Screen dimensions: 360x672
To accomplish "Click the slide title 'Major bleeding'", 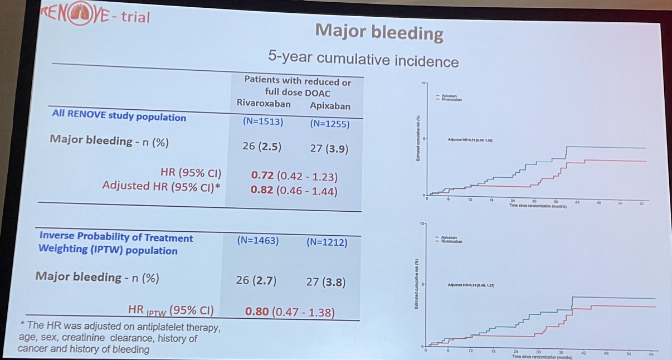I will click(x=379, y=32).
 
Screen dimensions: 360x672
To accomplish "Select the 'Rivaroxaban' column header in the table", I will click(x=264, y=104).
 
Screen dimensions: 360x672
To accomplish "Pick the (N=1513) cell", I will click(x=263, y=121).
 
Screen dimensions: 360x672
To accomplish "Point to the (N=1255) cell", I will click(x=330, y=124).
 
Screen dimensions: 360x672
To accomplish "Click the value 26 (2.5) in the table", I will click(x=262, y=147).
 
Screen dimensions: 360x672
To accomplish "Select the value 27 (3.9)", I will click(x=329, y=149).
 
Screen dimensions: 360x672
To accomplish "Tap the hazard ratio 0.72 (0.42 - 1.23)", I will click(x=294, y=176).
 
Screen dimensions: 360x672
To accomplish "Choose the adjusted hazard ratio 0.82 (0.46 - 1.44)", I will click(x=294, y=190).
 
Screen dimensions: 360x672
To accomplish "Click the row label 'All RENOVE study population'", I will click(x=119, y=117).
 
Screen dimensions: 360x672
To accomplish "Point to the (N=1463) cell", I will click(x=258, y=241).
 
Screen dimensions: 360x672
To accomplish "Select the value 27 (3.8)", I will click(x=326, y=282).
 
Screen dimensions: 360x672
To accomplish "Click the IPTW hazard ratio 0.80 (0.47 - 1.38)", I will click(x=290, y=312).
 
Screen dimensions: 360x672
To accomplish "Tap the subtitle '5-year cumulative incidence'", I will click(x=363, y=58).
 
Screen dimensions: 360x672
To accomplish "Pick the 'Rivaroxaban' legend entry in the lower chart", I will click(x=451, y=242).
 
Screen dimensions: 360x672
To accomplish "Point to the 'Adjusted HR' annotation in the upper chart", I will click(x=470, y=140).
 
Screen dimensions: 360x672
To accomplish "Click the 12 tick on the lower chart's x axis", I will click(x=470, y=351).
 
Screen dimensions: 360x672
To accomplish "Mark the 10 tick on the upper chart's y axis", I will click(x=423, y=83).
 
